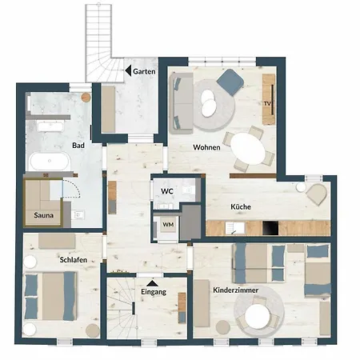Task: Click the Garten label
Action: tap(144, 71)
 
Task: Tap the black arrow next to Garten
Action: tap(128, 70)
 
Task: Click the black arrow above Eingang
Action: tap(152, 283)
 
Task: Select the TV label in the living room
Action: tap(267, 103)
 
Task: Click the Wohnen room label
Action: tap(206, 147)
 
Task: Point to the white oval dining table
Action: tap(248, 149)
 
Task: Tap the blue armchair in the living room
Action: tap(230, 82)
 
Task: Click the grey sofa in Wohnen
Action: tap(182, 103)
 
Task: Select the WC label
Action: tap(167, 191)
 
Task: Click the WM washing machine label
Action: tap(168, 225)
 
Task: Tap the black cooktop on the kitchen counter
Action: tap(270, 228)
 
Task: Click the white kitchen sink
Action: tap(234, 228)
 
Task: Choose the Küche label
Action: tap(241, 206)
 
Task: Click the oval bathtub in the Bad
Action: tap(50, 161)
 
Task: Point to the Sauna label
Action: tap(43, 215)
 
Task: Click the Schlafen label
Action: tap(74, 260)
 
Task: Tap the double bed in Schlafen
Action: tap(50, 296)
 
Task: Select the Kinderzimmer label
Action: tap(236, 290)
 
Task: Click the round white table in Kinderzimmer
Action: tap(258, 317)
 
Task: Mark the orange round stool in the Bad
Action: tap(86, 98)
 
